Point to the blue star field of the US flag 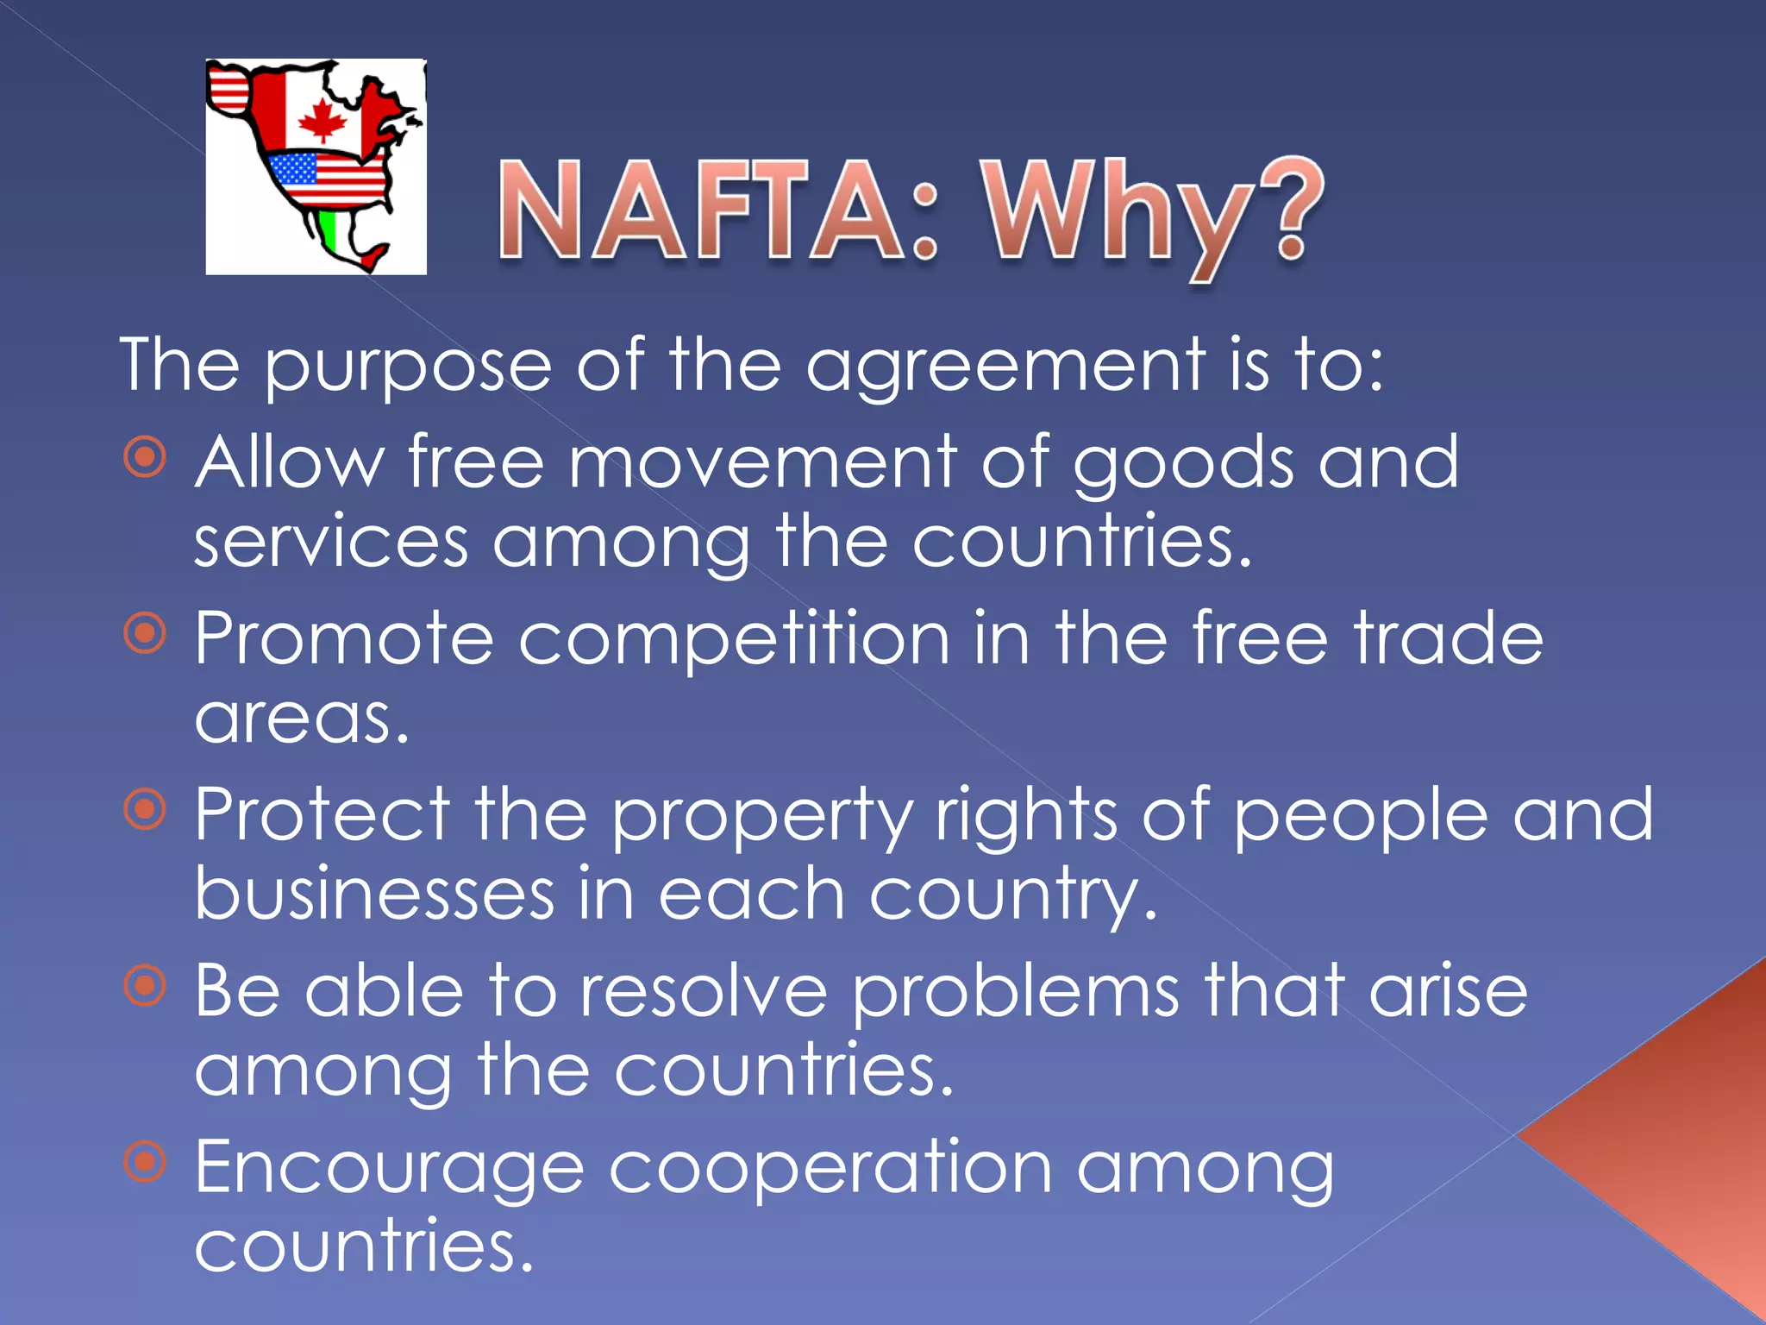(x=293, y=168)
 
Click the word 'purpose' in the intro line (x=407, y=367)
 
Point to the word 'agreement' (x=1005, y=367)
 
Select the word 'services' (x=331, y=543)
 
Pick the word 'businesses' (x=374, y=895)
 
